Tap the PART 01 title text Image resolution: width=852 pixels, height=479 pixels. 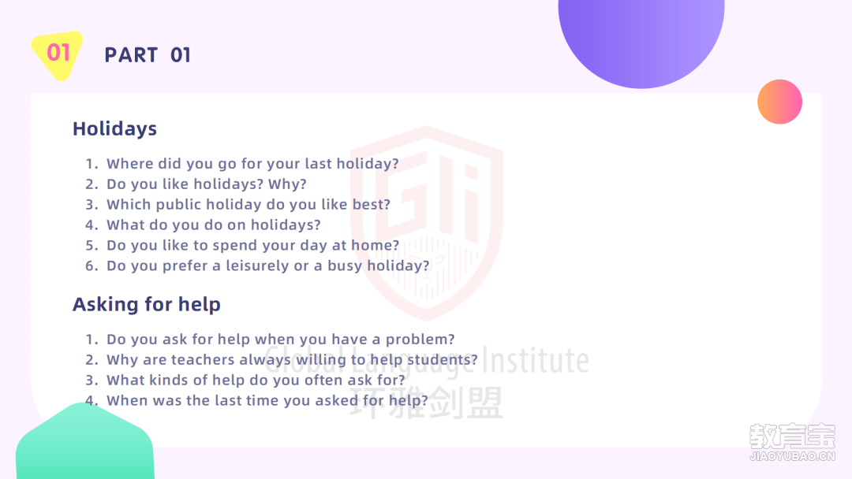[148, 55]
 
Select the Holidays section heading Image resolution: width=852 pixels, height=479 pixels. [114, 129]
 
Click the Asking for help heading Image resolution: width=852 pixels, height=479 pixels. [147, 304]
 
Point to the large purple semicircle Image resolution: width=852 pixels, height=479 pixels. [641, 38]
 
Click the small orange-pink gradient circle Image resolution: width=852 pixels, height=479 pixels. [779, 102]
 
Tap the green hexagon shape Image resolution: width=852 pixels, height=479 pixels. [85, 442]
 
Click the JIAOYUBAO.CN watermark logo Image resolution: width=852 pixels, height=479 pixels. [792, 442]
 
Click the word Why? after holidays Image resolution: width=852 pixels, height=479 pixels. [287, 184]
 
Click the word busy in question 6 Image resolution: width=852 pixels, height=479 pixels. [345, 265]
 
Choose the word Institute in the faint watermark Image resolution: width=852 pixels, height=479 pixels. [536, 360]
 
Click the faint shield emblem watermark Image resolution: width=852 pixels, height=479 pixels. [427, 222]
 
